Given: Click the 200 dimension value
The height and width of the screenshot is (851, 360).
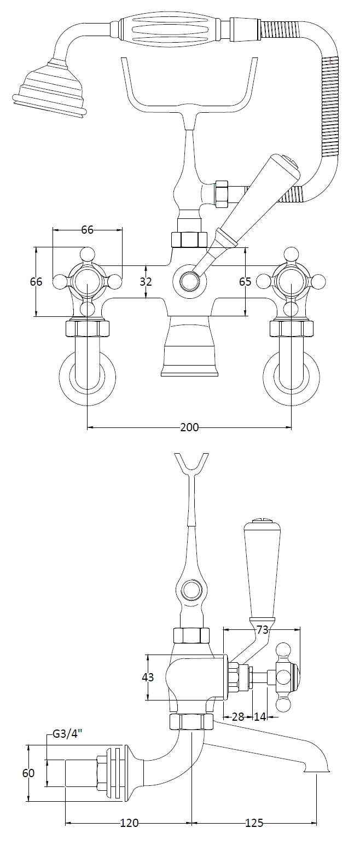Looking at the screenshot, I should [189, 427].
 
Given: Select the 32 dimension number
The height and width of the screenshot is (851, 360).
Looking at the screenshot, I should [146, 282].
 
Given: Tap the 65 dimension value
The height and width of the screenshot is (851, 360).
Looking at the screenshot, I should [245, 282].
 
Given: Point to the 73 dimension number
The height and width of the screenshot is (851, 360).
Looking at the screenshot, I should [263, 630].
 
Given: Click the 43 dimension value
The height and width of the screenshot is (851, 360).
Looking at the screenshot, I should [148, 677].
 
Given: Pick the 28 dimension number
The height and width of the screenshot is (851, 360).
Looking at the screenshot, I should [237, 716].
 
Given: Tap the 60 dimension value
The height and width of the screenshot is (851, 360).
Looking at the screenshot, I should [28, 773].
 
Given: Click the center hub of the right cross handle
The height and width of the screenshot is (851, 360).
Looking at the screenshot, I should [291, 282].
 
